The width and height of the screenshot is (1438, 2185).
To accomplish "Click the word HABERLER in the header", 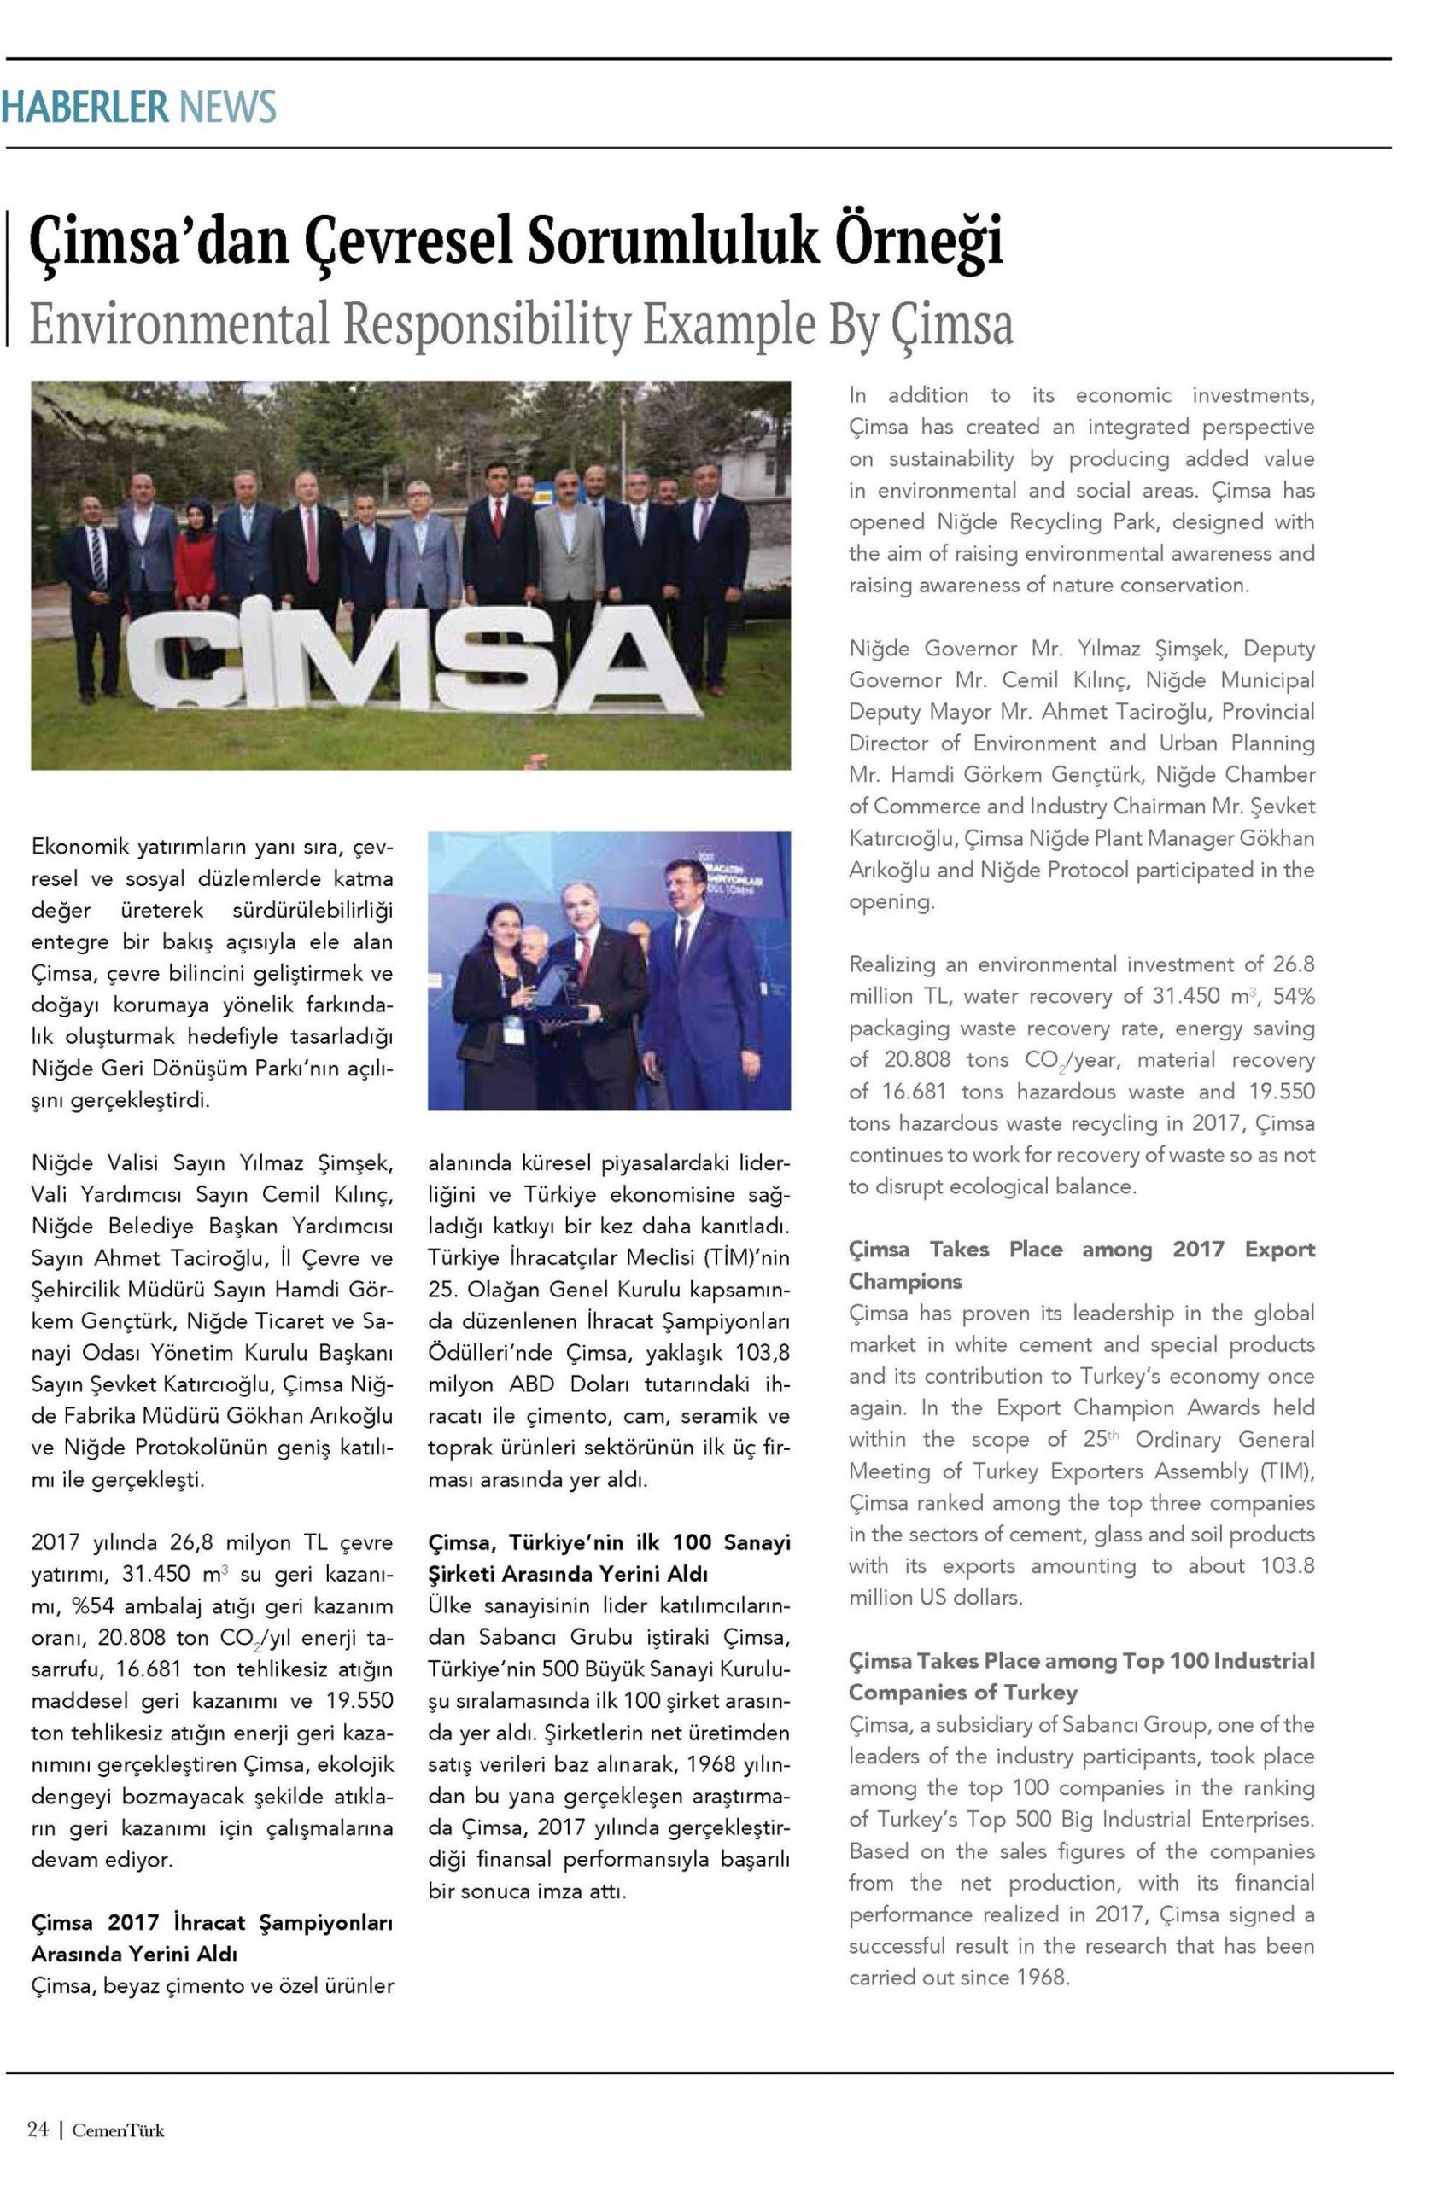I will click(x=85, y=107).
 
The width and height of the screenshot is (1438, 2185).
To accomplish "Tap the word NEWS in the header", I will click(x=227, y=107).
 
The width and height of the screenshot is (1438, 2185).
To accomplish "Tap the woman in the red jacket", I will click(x=195, y=560).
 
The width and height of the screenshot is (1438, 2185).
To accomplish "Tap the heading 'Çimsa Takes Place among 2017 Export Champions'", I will click(x=1081, y=1264).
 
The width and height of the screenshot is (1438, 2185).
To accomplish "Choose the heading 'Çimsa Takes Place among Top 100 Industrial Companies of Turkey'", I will click(x=1081, y=1675).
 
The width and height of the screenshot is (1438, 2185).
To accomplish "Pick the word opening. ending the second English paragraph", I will click(x=890, y=901).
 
